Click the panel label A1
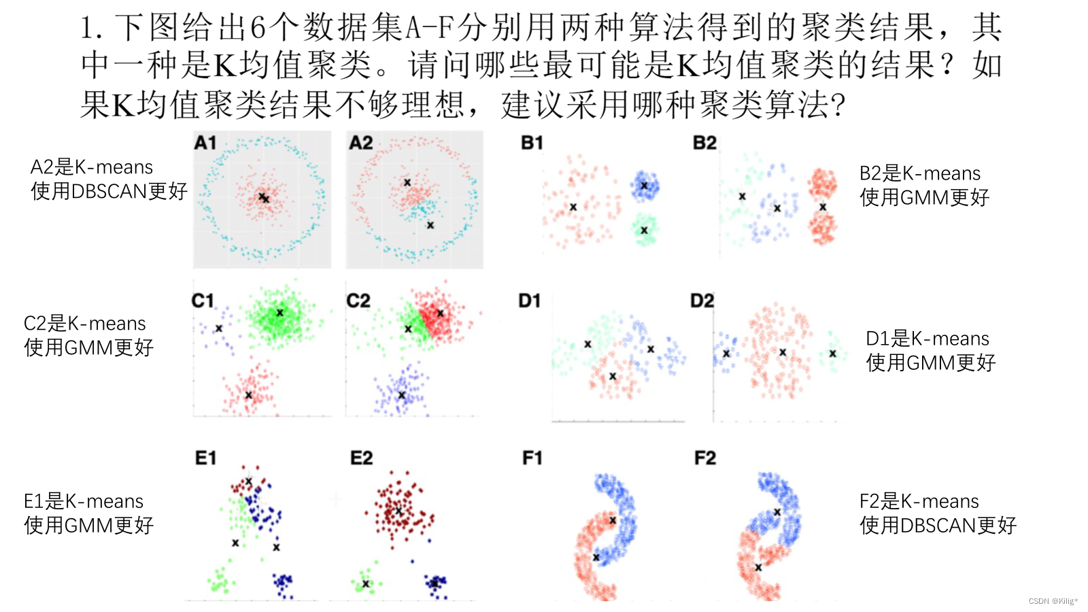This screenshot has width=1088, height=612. tap(205, 143)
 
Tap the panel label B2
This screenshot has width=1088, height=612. tap(704, 143)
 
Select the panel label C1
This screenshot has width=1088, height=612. tap(203, 301)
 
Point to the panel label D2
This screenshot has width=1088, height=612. tap(702, 301)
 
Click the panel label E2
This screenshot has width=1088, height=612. tap(361, 458)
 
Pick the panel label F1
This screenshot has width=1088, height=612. tap(532, 458)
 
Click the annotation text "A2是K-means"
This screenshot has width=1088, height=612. tap(92, 167)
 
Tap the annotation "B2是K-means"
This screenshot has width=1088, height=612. tap(919, 173)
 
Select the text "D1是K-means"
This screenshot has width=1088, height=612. tap(927, 339)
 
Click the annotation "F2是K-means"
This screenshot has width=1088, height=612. tap(919, 502)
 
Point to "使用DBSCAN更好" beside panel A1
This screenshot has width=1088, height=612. tap(109, 192)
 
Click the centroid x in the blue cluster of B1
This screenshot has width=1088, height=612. tap(644, 186)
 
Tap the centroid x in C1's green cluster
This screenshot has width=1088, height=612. tap(279, 313)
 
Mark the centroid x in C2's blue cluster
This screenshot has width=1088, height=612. tap(401, 395)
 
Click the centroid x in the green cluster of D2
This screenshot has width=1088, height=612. tap(832, 354)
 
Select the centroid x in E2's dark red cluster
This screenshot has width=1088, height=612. tap(398, 511)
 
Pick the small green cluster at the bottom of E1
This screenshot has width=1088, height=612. tap(221, 582)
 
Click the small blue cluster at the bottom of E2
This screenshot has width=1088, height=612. tap(435, 583)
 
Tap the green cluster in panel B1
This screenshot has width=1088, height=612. tap(644, 230)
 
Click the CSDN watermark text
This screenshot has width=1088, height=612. tap(1053, 601)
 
